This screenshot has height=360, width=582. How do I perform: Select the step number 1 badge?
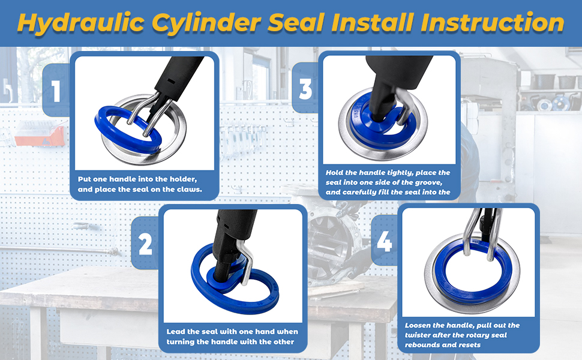(x=56, y=92)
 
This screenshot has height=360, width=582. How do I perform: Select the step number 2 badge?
(x=145, y=245)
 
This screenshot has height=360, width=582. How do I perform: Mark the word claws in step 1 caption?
(x=186, y=190)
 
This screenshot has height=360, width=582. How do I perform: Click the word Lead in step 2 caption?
(x=176, y=332)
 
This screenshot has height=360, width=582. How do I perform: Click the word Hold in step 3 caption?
(x=337, y=172)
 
